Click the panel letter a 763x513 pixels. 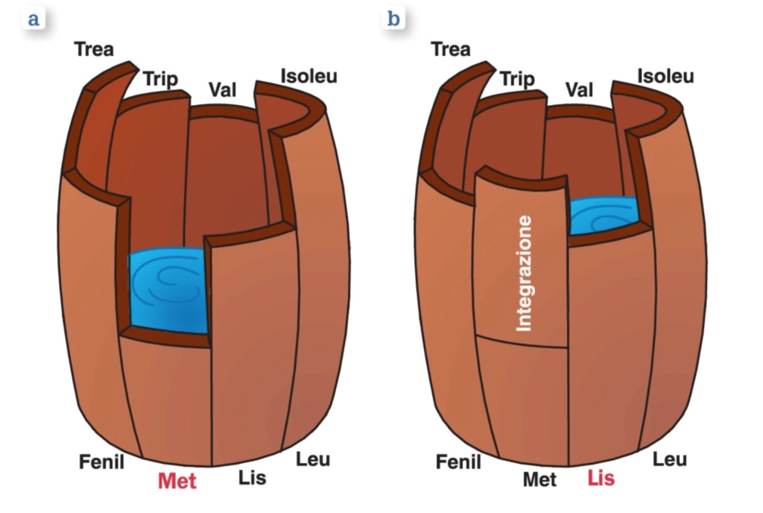click(x=32, y=19)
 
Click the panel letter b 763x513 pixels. click(x=392, y=19)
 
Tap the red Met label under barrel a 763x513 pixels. click(x=177, y=481)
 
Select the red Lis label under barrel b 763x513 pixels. click(x=601, y=478)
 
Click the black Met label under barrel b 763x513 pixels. click(x=539, y=479)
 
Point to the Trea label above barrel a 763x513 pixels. click(x=94, y=51)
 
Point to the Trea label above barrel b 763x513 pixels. click(x=451, y=51)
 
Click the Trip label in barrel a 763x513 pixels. click(x=160, y=80)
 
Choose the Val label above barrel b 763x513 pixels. click(x=580, y=91)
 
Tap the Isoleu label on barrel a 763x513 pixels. click(x=308, y=76)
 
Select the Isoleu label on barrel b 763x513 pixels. click(x=665, y=76)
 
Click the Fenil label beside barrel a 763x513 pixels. click(x=101, y=462)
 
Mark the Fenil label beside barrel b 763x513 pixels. click(x=458, y=462)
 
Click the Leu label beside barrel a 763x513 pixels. click(x=313, y=459)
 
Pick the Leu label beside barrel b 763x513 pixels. click(x=670, y=459)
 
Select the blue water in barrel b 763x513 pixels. click(x=604, y=214)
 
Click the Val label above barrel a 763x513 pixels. click(x=222, y=91)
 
